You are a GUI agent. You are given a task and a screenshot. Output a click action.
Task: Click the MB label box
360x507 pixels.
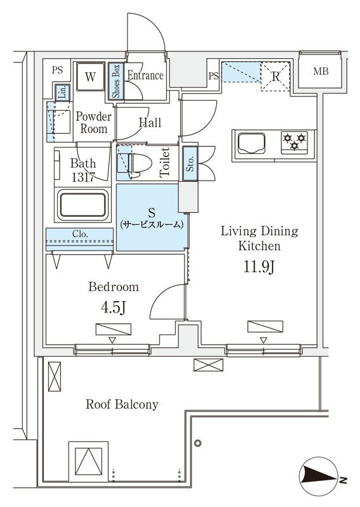tap(321, 70)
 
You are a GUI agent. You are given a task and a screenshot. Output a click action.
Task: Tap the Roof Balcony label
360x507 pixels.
tap(122, 404)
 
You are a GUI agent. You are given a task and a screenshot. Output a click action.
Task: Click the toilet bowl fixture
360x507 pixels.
tap(139, 163)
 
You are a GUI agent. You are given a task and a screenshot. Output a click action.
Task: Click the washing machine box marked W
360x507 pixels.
tap(91, 78)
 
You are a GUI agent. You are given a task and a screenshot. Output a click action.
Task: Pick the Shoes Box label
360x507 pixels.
tap(115, 82)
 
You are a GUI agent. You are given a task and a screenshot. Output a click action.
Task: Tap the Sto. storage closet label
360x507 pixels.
tap(190, 163)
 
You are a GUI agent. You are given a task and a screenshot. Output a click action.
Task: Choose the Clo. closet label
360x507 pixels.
tap(79, 234)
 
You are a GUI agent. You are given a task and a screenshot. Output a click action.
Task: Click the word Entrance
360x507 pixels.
tap(145, 75)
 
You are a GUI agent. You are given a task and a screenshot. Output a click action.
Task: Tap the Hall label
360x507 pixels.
tap(150, 123)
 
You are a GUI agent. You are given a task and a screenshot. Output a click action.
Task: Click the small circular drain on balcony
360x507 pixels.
tap(198, 442)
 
